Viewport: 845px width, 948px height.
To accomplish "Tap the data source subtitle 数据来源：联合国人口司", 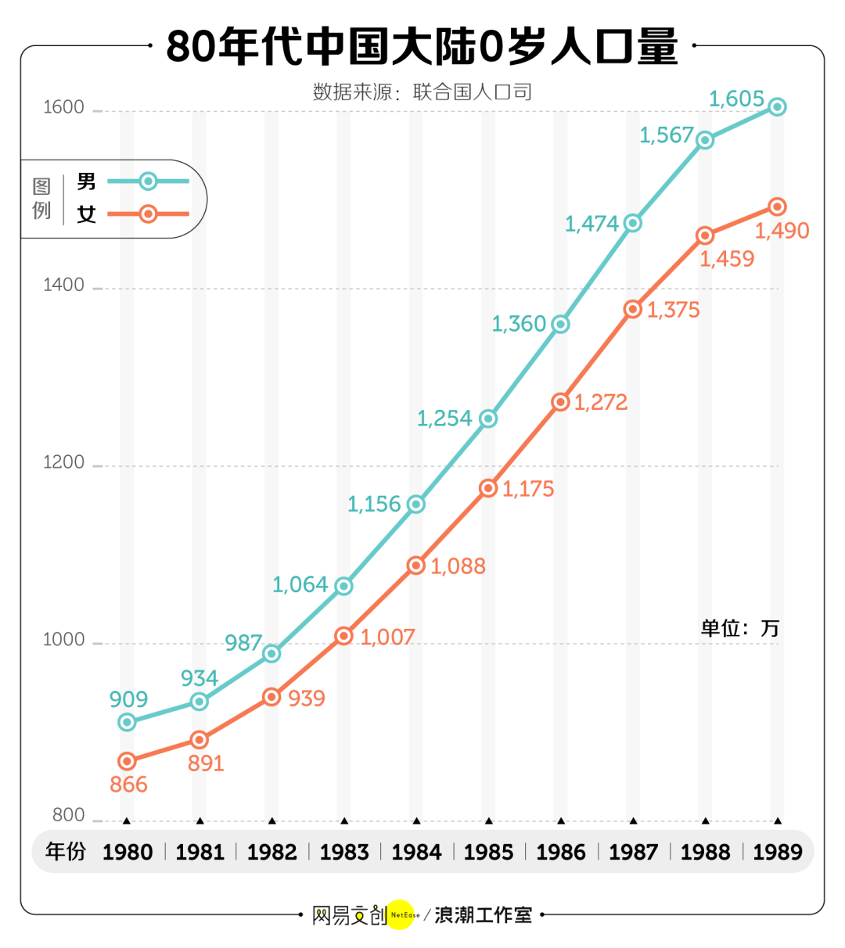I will (x=422, y=92).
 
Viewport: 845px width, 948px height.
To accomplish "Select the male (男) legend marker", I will (x=148, y=181).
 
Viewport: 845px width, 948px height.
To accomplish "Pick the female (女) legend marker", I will (x=148, y=214).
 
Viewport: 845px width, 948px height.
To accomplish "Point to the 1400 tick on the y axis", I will (x=63, y=285).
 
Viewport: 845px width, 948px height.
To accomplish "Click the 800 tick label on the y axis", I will (x=68, y=815).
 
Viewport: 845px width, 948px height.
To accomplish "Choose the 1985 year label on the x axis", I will (x=488, y=852).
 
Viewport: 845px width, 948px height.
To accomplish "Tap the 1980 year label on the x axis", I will (x=128, y=852).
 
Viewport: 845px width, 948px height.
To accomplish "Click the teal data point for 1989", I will (x=777, y=107).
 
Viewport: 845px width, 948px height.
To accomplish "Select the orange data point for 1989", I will (x=777, y=206).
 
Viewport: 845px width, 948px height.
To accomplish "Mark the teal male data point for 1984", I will (x=416, y=505).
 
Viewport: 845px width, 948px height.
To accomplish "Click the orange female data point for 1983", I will (x=344, y=636).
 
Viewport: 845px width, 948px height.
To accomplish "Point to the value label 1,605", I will (x=735, y=99).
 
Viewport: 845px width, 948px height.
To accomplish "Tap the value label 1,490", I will (x=782, y=231).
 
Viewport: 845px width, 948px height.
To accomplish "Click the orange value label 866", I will (x=128, y=785).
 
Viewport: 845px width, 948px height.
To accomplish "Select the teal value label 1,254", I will (x=444, y=418).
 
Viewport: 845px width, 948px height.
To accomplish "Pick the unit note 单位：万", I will (x=739, y=628).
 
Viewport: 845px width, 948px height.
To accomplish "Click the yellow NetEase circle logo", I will (x=401, y=914).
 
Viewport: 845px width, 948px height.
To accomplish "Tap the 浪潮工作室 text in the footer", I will (x=484, y=914).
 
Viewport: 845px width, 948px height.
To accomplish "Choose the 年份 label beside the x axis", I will (x=65, y=851).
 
